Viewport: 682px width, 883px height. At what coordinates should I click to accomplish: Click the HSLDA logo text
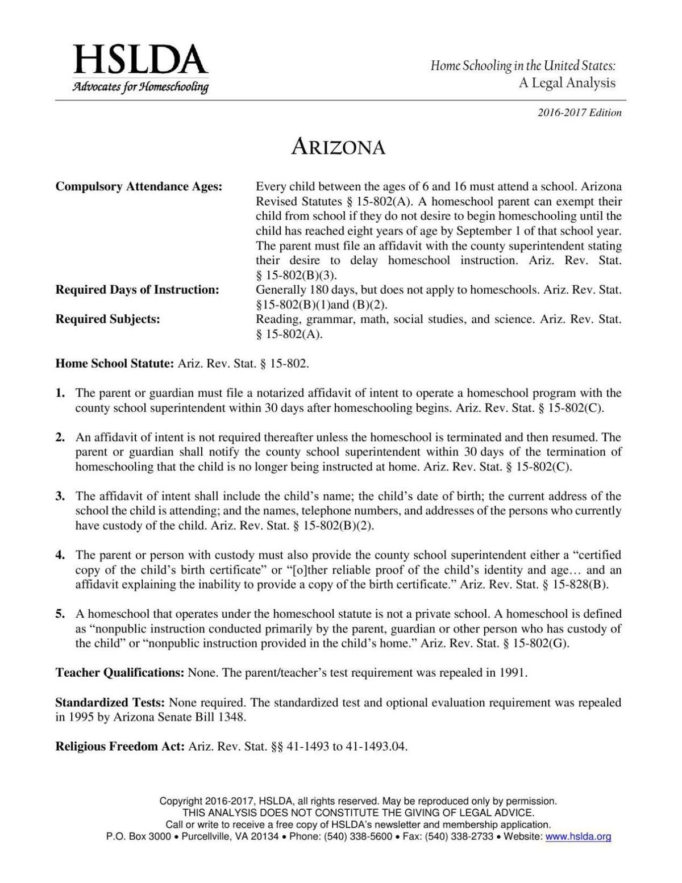140,60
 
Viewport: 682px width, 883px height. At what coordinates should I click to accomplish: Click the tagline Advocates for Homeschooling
140,87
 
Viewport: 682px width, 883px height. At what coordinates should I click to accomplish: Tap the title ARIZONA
339,148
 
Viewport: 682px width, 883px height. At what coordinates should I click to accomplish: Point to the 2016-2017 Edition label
579,113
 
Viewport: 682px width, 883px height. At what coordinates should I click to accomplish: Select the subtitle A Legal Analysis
566,83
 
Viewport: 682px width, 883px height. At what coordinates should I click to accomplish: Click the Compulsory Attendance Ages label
139,187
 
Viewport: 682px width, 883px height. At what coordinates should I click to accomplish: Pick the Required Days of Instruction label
137,290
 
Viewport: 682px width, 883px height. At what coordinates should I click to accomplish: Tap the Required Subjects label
107,319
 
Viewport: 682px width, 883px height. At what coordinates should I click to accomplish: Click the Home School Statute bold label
114,364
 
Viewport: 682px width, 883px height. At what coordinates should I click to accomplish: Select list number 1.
60,393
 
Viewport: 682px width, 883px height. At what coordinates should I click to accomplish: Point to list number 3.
60,496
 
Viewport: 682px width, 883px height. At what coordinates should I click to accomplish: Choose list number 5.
60,614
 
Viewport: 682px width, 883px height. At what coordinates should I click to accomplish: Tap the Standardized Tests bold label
110,702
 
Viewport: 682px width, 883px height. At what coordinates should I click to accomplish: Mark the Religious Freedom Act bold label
120,747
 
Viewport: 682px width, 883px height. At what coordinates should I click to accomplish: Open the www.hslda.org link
578,836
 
